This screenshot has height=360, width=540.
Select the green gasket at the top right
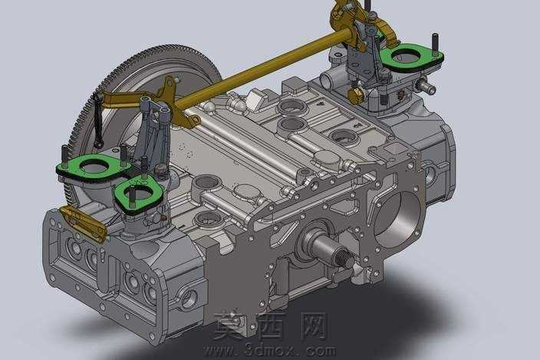[412, 56]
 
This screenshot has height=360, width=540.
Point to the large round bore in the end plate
[397, 217]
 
